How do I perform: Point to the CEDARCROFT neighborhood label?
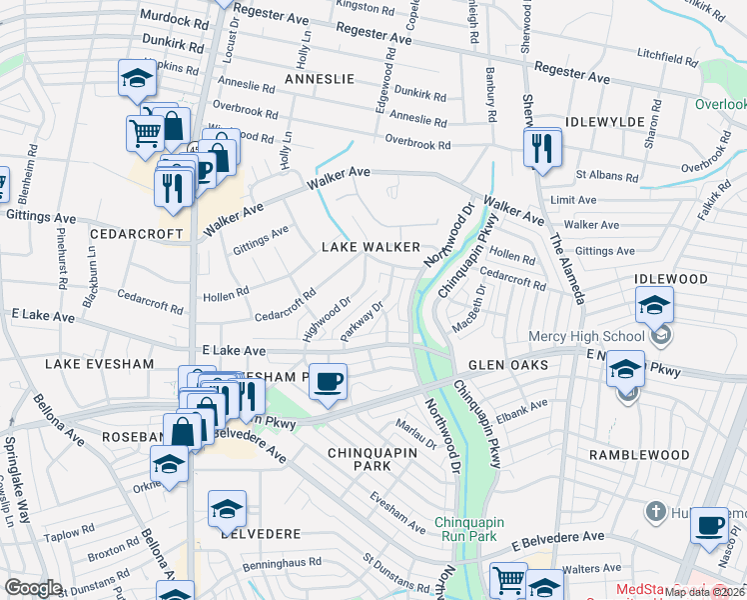point(136,233)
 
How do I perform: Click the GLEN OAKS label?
point(508,365)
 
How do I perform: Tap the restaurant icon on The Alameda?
point(540,148)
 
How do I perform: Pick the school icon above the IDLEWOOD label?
point(654,304)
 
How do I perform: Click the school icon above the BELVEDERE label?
point(228,509)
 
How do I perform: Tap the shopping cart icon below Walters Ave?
point(509,579)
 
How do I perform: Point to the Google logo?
point(34,588)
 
